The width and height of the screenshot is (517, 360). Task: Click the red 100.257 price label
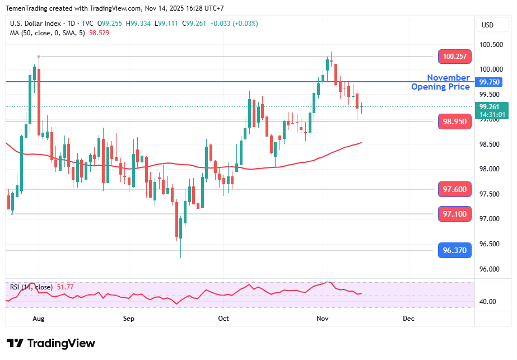point(454,57)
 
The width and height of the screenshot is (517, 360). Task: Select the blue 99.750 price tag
point(490,82)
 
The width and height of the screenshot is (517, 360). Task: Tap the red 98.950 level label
point(454,121)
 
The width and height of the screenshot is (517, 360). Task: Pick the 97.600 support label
point(454,190)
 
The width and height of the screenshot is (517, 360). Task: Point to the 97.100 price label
point(454,214)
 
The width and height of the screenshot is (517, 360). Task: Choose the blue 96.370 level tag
point(454,250)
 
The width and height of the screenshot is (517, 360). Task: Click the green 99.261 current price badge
point(492,106)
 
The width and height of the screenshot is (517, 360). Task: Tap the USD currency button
point(487,25)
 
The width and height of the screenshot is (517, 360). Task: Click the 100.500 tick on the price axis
point(491,45)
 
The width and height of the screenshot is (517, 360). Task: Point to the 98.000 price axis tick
point(491,169)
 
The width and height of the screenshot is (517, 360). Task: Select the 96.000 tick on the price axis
point(491,269)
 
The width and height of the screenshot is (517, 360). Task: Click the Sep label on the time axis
point(129,319)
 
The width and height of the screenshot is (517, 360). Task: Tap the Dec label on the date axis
point(408,319)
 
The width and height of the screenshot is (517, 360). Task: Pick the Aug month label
point(38,319)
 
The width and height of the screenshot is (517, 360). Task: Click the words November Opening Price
point(441,82)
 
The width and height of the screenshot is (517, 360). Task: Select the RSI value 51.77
point(65,287)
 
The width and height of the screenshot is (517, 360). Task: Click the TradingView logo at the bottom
point(51,343)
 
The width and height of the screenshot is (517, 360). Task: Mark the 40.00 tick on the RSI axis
point(487,302)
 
